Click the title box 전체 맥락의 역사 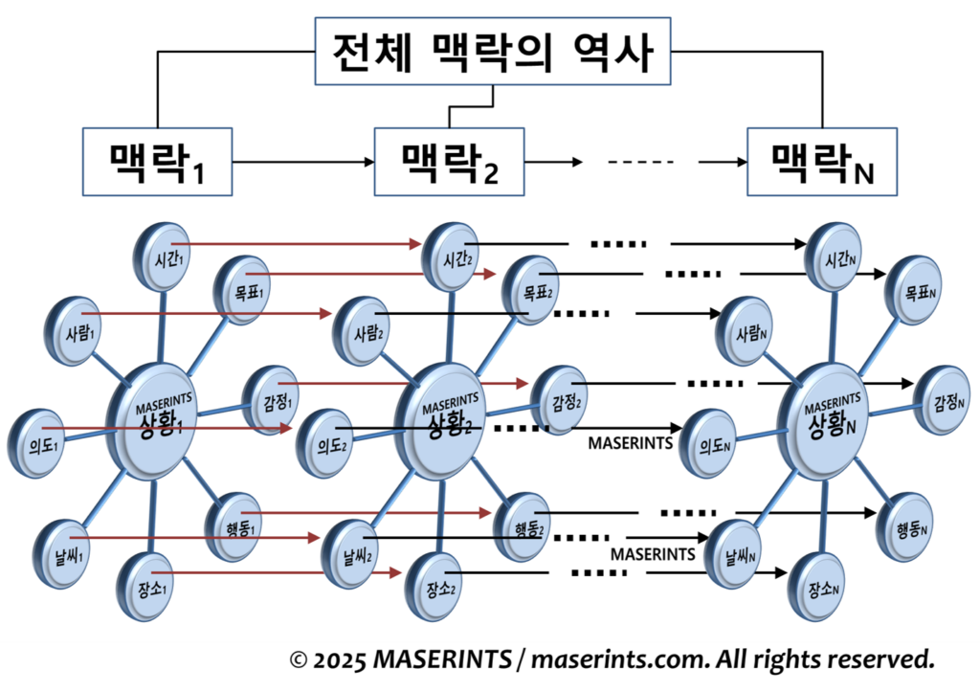pyautogui.click(x=492, y=54)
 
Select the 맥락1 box pyautogui.click(x=157, y=161)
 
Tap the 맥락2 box pyautogui.click(x=449, y=161)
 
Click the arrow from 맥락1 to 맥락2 pyautogui.click(x=302, y=163)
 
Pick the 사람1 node pyautogui.click(x=73, y=333)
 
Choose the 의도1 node pyautogui.click(x=34, y=443)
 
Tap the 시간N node pyautogui.click(x=831, y=251)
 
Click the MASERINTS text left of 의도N pyautogui.click(x=630, y=444)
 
